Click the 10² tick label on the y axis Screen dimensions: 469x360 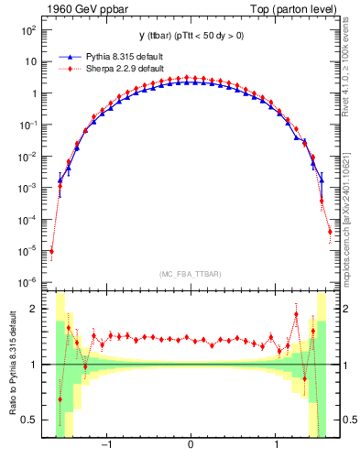[28, 30]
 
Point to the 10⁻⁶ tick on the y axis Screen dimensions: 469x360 [28, 281]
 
